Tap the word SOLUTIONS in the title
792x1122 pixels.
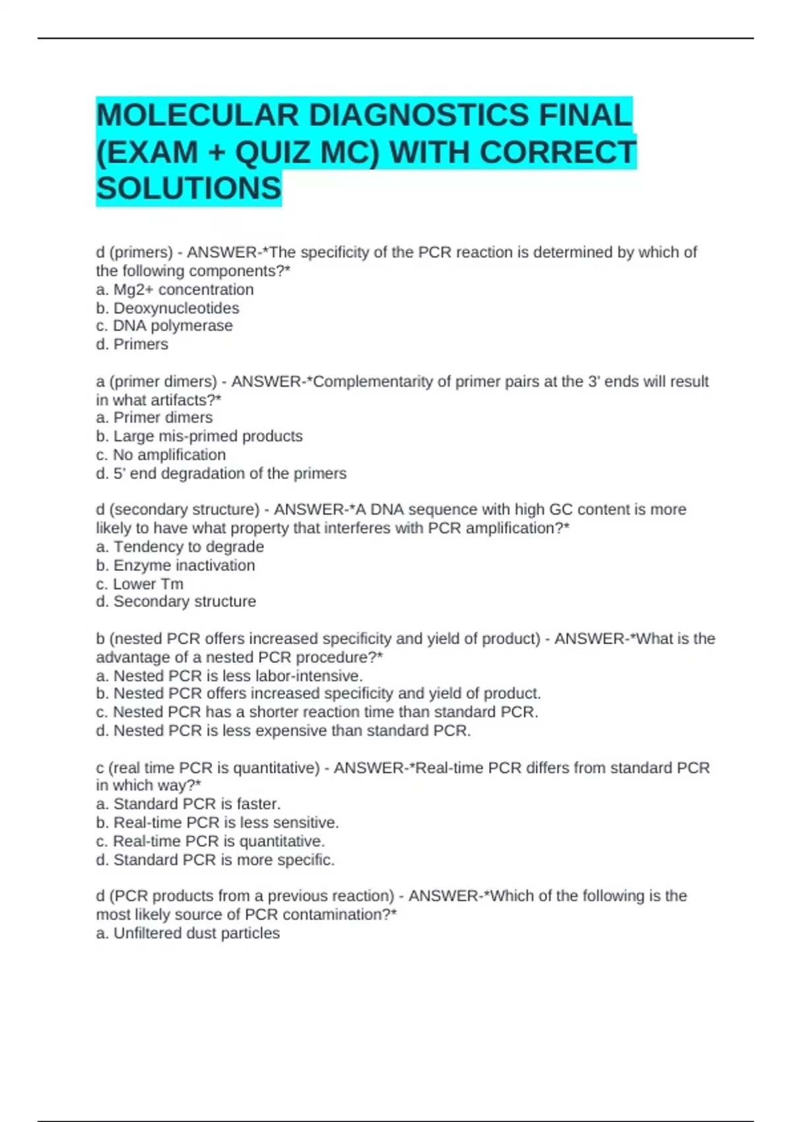(x=189, y=189)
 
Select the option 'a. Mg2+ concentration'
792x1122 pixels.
(x=175, y=290)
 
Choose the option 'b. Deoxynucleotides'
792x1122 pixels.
(x=168, y=308)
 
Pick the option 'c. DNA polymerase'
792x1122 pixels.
(x=164, y=326)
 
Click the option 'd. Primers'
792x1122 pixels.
(x=132, y=345)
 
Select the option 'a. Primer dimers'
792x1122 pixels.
(x=154, y=418)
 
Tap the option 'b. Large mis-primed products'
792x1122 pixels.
(x=199, y=436)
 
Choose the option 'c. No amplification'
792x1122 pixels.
(x=161, y=455)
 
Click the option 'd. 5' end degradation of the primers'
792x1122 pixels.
(x=221, y=473)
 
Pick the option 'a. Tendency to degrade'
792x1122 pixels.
(x=180, y=547)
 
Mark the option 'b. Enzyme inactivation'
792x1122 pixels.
(x=176, y=566)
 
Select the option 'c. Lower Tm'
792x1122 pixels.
(x=140, y=584)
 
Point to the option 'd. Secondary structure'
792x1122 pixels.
(x=176, y=602)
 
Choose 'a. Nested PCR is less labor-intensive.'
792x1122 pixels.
(x=230, y=676)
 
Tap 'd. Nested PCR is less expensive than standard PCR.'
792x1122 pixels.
(x=283, y=731)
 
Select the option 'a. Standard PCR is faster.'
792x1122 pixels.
(x=189, y=804)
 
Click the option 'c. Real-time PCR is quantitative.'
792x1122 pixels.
(x=211, y=841)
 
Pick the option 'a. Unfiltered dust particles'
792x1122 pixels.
(x=188, y=933)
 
